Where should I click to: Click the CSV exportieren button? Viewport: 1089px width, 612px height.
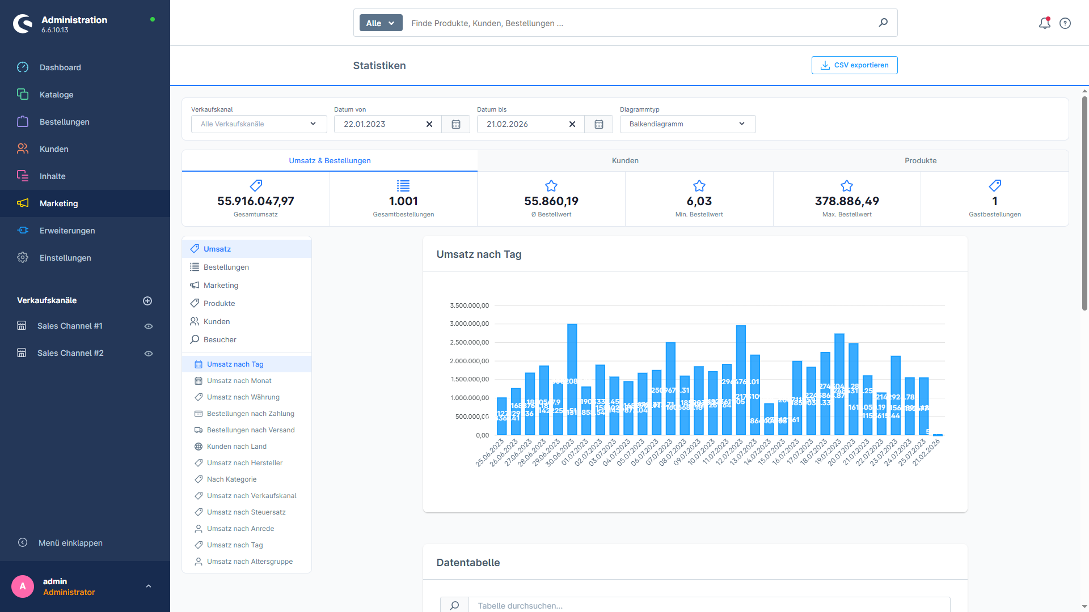click(x=854, y=65)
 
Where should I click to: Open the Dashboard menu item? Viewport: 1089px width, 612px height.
click(x=60, y=67)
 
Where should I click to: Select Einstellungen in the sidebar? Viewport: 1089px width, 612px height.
click(x=65, y=258)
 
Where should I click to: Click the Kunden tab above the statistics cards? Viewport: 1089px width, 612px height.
click(x=625, y=161)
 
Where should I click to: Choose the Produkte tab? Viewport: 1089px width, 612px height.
click(x=920, y=161)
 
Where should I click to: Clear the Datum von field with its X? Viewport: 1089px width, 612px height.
click(x=429, y=124)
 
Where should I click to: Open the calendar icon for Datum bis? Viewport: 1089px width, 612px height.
click(x=598, y=124)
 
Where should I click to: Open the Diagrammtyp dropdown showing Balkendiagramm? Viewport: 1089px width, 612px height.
click(x=687, y=124)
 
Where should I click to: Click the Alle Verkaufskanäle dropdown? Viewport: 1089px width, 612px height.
click(x=259, y=124)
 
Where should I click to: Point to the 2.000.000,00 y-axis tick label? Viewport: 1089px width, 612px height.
click(x=469, y=361)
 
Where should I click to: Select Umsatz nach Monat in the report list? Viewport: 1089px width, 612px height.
click(x=239, y=381)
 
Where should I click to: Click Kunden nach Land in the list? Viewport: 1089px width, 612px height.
click(x=237, y=447)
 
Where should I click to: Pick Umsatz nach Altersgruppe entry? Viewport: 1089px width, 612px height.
click(x=250, y=562)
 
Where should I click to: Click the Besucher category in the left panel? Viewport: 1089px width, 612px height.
click(x=220, y=340)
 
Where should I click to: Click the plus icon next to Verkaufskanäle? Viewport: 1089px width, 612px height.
click(x=147, y=301)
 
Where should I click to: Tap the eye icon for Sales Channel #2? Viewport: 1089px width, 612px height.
click(x=149, y=354)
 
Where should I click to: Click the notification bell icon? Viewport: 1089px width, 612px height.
click(x=1044, y=23)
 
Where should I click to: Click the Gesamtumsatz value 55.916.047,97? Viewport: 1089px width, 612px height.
click(x=255, y=201)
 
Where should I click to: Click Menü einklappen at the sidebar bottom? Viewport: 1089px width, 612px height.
click(x=70, y=543)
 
